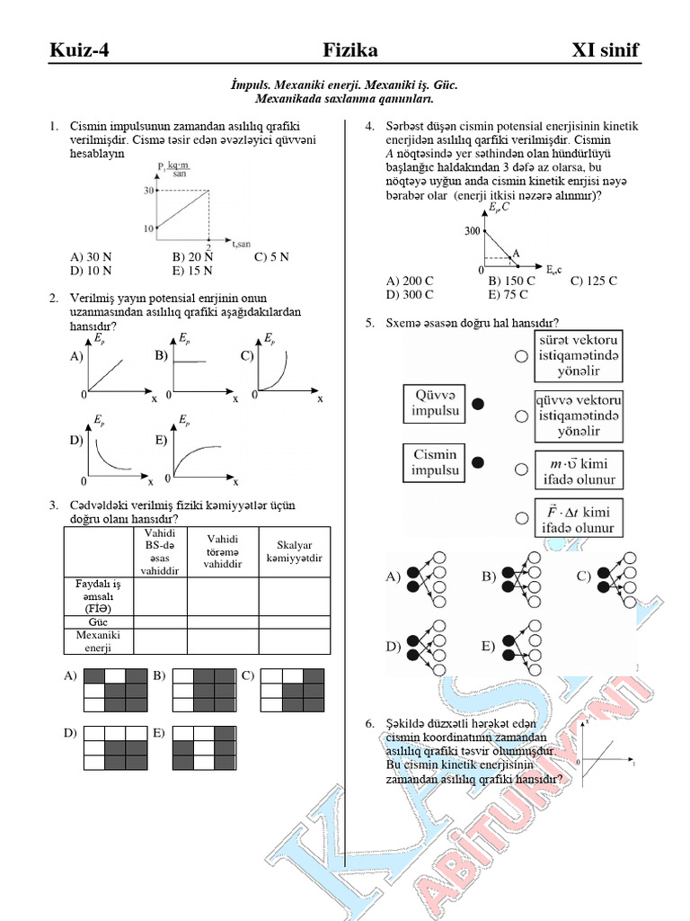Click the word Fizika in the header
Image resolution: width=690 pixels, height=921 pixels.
click(x=350, y=50)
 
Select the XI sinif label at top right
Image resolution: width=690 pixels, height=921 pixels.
click(x=606, y=50)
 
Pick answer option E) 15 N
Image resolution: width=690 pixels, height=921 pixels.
click(x=193, y=270)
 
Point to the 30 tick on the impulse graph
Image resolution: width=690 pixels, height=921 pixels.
click(x=148, y=190)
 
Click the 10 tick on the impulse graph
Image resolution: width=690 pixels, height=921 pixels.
click(x=148, y=228)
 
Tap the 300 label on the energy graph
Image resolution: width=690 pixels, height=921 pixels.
click(x=473, y=231)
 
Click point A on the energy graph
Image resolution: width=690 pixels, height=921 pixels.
click(x=516, y=255)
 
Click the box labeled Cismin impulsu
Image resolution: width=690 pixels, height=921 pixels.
click(x=435, y=462)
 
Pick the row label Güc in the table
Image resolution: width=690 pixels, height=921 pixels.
click(x=98, y=621)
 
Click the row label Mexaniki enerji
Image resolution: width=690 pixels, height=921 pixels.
click(x=98, y=641)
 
